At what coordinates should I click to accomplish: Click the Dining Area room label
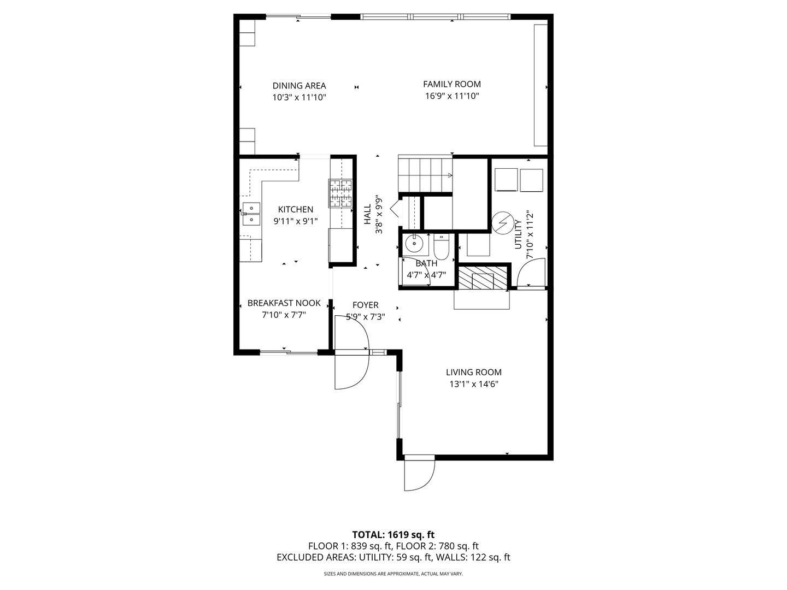point(299,86)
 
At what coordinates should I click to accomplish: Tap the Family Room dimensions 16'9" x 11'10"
point(452,96)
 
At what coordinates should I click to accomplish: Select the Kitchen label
point(296,209)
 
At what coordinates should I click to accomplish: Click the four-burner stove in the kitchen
point(340,193)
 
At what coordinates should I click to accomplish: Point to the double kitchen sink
point(251,214)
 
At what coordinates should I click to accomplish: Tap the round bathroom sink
point(414,244)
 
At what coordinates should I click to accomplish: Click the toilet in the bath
point(442,246)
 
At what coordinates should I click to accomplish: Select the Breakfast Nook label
point(284,303)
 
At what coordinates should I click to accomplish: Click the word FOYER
point(366,305)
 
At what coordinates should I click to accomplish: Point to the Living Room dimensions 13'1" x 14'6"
point(474,384)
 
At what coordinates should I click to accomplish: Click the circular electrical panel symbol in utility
point(502,222)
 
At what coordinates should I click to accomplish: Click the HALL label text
point(367,214)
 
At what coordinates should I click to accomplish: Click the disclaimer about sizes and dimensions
point(393,574)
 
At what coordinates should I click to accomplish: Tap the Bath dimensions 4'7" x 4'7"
point(426,275)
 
